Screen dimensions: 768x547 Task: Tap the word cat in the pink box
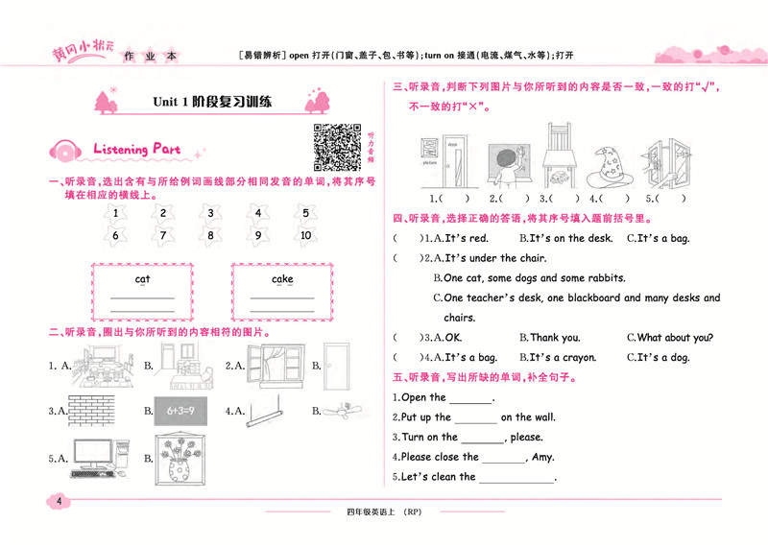(x=142, y=279)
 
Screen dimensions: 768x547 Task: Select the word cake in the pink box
(x=282, y=279)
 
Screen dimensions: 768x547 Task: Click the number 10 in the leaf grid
(x=305, y=235)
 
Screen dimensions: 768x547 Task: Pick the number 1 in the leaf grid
(x=115, y=213)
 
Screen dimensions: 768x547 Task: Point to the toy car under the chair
(x=557, y=178)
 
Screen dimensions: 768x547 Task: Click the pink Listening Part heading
(x=135, y=150)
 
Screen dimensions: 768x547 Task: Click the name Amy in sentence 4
(x=541, y=457)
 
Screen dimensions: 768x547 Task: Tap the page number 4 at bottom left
(x=60, y=501)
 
